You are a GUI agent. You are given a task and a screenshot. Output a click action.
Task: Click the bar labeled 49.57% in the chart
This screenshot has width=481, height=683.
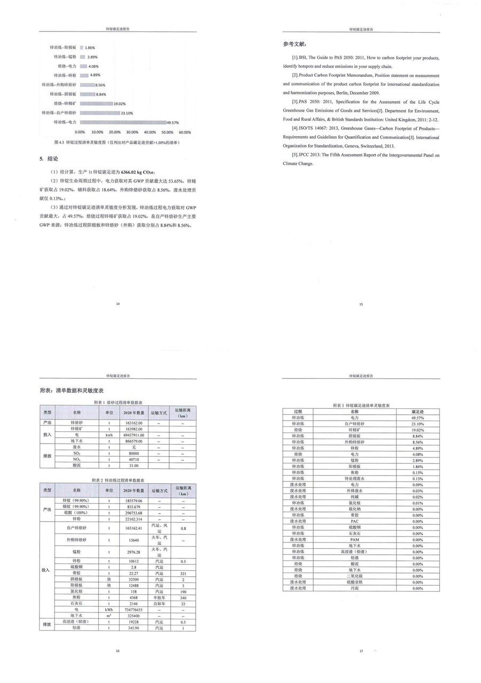123,122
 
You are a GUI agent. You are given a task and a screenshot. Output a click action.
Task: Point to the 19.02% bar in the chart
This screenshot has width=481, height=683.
96,103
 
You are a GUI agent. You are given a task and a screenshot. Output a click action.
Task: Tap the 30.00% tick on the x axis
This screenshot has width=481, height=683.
132,132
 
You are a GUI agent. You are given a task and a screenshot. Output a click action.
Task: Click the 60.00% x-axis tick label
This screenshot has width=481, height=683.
184,132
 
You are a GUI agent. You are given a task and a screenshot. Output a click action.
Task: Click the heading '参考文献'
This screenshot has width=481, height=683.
295,44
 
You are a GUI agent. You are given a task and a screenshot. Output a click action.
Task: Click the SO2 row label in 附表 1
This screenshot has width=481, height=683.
77,453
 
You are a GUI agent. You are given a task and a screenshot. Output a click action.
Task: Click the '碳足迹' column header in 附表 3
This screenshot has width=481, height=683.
417,412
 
